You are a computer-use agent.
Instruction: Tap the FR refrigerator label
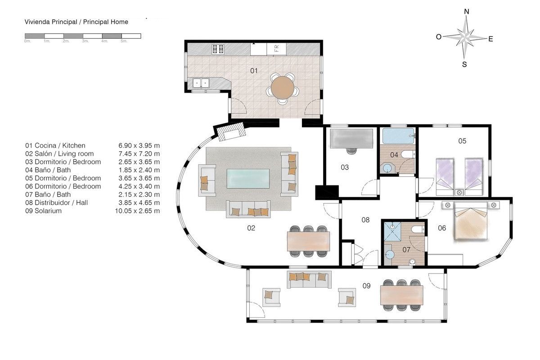(x=276, y=49)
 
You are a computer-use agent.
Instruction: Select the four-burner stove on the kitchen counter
(x=218, y=49)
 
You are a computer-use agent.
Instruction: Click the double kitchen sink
(x=201, y=83)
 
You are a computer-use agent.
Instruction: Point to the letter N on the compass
(x=467, y=12)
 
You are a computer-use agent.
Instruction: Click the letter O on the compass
(x=438, y=36)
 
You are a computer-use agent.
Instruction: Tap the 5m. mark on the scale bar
(x=124, y=41)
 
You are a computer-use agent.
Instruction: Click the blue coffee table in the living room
(x=248, y=179)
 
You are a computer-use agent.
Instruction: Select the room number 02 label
(x=251, y=228)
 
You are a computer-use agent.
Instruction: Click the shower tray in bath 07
(x=392, y=231)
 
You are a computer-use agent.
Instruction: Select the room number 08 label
(x=365, y=220)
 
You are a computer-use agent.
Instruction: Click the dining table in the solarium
(x=401, y=295)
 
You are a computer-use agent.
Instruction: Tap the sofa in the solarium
(x=309, y=279)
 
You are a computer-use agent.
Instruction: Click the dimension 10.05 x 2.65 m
(x=137, y=211)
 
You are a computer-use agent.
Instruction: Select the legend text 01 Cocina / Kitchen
(x=55, y=145)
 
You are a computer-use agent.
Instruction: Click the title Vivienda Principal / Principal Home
(x=76, y=22)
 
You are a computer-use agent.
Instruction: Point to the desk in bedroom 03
(x=351, y=139)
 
